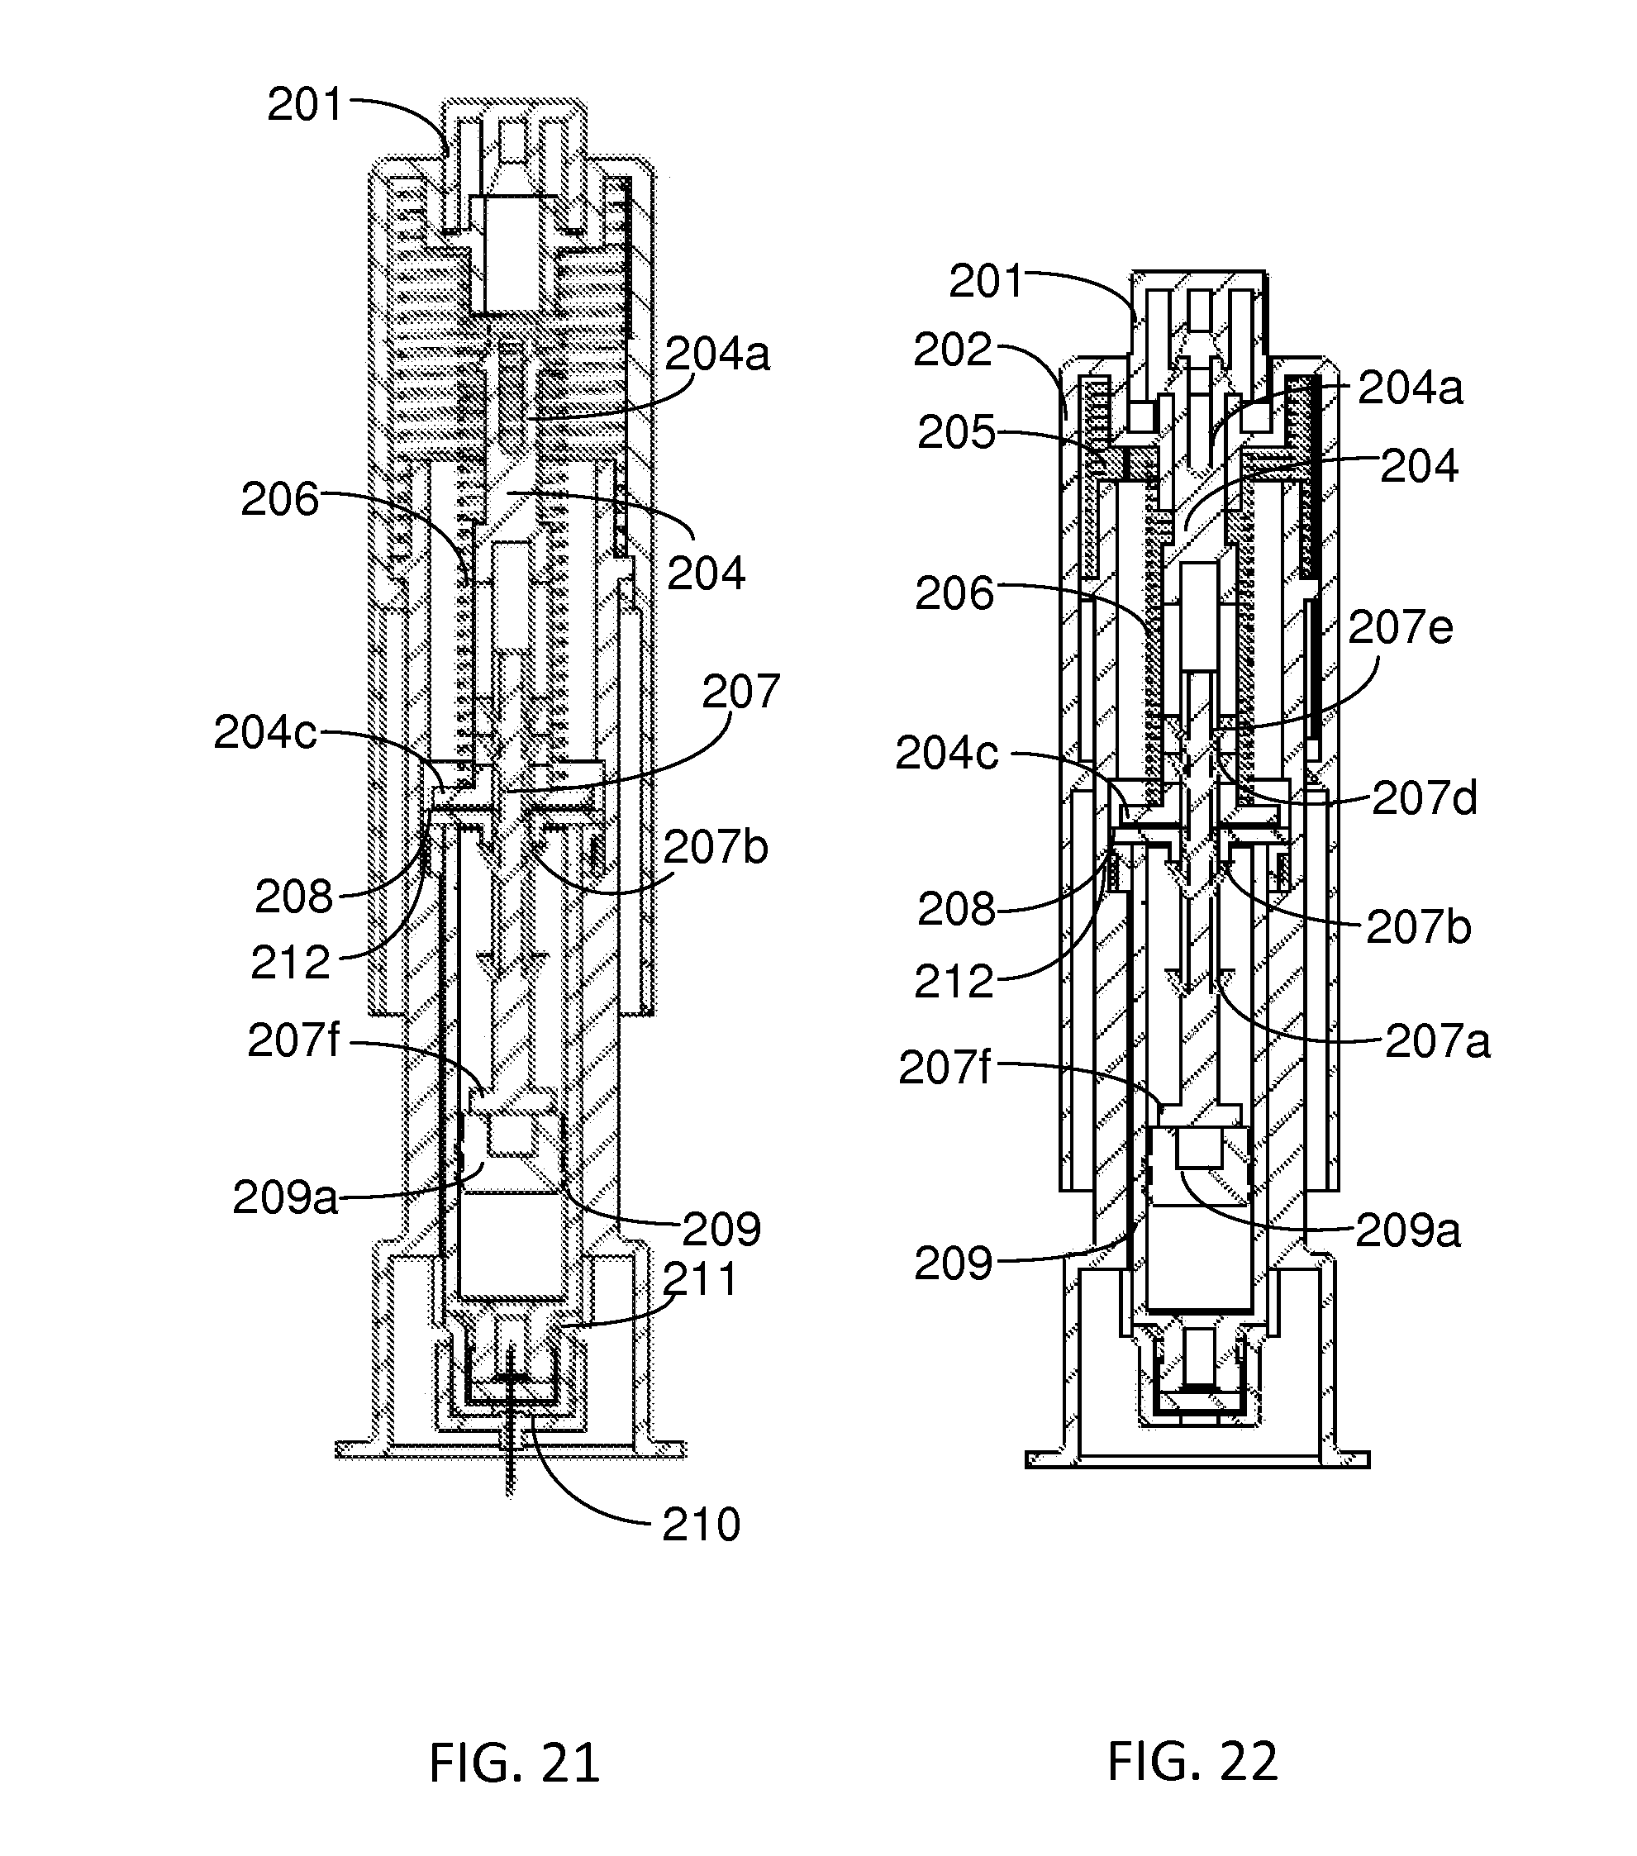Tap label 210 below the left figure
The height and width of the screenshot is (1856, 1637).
pyautogui.click(x=701, y=1525)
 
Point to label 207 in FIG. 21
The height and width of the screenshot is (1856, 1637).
pyautogui.click(x=741, y=692)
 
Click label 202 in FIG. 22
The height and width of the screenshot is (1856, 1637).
pyautogui.click(x=953, y=350)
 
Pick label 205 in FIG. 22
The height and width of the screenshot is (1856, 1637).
pyautogui.click(x=956, y=433)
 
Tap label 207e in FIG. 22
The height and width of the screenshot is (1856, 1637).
pyautogui.click(x=1400, y=627)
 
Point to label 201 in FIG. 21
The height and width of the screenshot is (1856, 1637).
pyautogui.click(x=306, y=105)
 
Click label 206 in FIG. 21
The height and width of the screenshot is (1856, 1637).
pyautogui.click(x=279, y=500)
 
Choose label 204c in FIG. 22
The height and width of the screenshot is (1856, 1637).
pyautogui.click(x=946, y=753)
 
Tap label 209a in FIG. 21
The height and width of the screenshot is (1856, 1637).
pyautogui.click(x=285, y=1198)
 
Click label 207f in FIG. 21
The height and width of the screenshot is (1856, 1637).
pyautogui.click(x=293, y=1041)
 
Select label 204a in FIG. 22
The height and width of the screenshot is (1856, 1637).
pyautogui.click(x=1410, y=388)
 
